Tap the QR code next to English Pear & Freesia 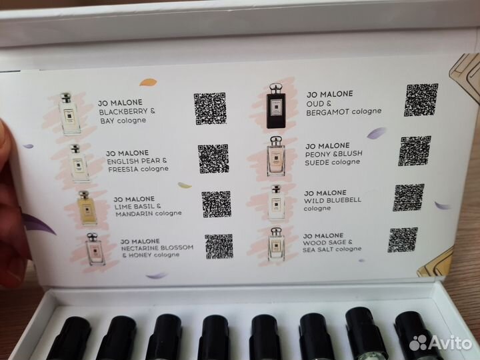(213, 159)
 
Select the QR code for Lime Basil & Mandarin (217, 204)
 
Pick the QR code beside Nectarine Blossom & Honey (219, 246)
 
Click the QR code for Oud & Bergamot (422, 100)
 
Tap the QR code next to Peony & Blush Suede (415, 151)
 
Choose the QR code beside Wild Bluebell (408, 198)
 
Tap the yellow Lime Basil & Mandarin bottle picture (87, 207)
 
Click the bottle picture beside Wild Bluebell (275, 202)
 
